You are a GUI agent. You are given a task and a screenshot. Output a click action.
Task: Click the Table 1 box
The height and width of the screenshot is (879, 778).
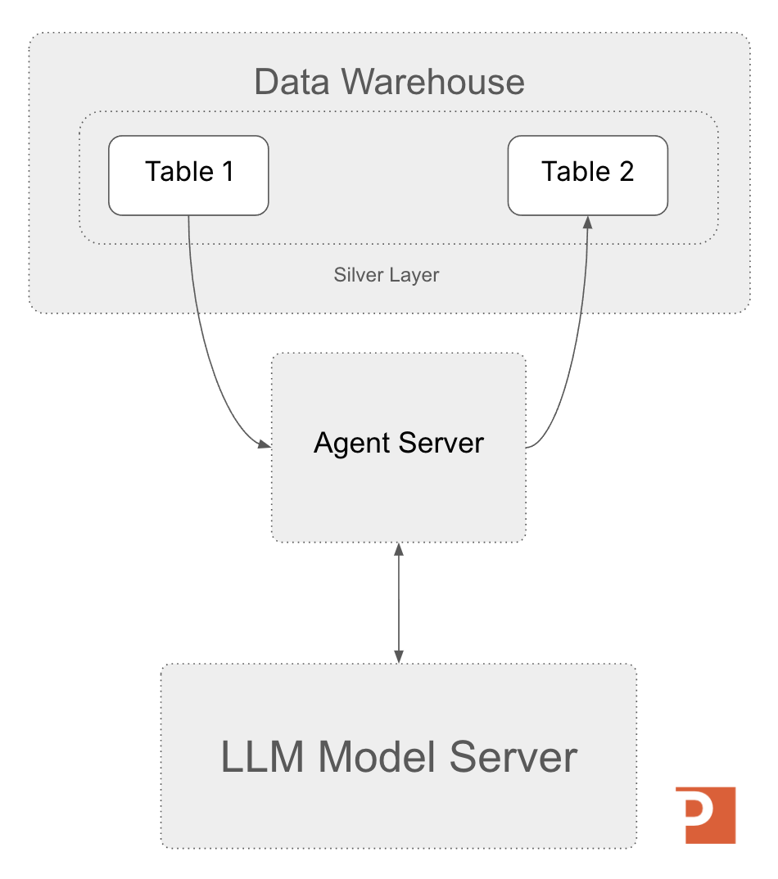(x=188, y=175)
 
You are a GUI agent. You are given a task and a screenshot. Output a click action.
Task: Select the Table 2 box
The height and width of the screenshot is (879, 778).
(x=587, y=175)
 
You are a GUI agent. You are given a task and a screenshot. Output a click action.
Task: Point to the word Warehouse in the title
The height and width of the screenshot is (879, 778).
(x=432, y=83)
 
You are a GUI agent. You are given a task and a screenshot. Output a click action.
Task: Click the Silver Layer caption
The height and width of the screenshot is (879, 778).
(x=387, y=275)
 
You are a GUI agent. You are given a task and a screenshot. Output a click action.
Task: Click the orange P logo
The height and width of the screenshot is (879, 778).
(x=705, y=814)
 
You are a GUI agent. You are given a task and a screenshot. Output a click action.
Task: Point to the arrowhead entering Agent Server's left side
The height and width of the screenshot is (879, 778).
(x=264, y=444)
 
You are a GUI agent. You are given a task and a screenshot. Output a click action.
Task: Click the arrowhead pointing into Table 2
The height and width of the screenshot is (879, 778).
(x=587, y=222)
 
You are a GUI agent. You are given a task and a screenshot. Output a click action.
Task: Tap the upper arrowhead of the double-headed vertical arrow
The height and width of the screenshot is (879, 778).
(x=398, y=548)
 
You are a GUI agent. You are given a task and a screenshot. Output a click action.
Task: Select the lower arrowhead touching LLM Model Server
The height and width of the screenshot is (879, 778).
(x=398, y=656)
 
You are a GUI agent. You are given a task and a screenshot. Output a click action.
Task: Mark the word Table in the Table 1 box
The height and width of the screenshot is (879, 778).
(x=179, y=172)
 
